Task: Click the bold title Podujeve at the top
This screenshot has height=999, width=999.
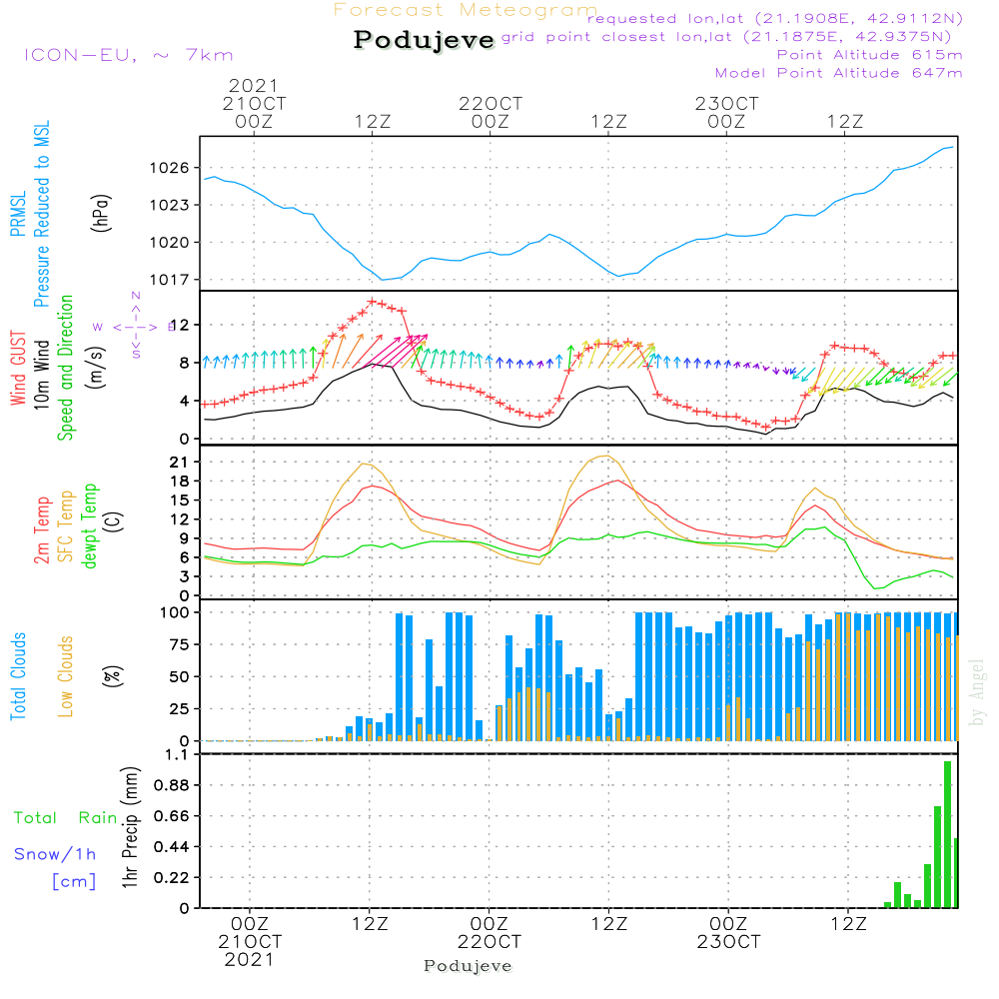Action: point(425,40)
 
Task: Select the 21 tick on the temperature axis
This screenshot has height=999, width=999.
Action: point(181,463)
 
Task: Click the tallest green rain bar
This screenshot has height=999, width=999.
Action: point(947,834)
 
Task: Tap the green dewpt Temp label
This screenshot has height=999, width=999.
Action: point(91,527)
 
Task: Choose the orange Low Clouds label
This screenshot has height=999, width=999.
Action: point(67,675)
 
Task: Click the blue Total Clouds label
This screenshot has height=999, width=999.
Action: point(19,675)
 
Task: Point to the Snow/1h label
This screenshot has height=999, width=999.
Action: point(56,854)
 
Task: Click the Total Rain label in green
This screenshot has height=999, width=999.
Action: point(65,818)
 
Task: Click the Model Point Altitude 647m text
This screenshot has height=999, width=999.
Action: point(839,73)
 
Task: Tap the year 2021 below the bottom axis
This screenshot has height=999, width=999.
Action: point(249,960)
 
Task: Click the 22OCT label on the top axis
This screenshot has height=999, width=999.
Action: point(491,103)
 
